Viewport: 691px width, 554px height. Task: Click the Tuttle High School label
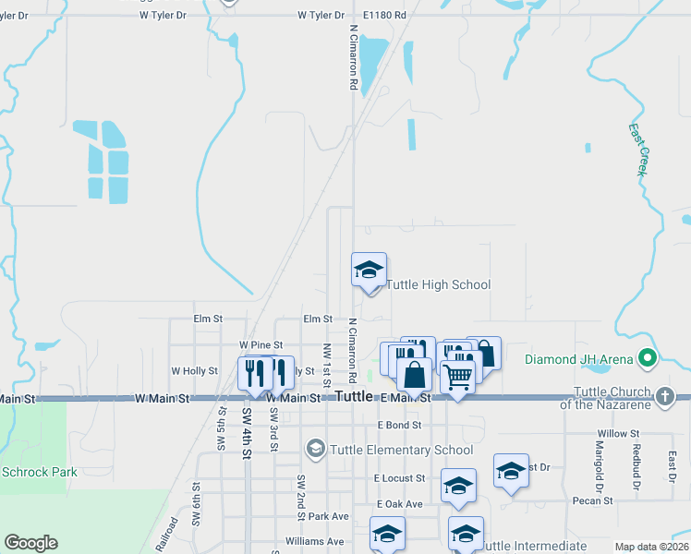(x=437, y=284)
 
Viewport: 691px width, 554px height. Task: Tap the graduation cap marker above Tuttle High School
(x=369, y=271)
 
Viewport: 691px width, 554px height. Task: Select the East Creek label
(x=638, y=150)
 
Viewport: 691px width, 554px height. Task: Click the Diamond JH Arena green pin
(x=648, y=358)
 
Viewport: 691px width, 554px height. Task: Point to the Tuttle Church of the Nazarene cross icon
(x=664, y=397)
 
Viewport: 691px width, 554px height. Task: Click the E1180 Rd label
(x=385, y=16)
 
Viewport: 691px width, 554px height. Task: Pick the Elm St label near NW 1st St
(x=317, y=319)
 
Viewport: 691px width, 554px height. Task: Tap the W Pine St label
(x=261, y=344)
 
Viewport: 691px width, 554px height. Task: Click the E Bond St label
(x=399, y=426)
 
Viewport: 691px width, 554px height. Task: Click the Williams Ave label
(x=314, y=541)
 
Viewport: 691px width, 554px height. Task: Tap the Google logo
(x=30, y=543)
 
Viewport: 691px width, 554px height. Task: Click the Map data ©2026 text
(x=650, y=547)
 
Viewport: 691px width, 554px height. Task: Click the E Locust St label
(x=399, y=478)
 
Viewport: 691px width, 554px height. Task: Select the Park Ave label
(x=329, y=516)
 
